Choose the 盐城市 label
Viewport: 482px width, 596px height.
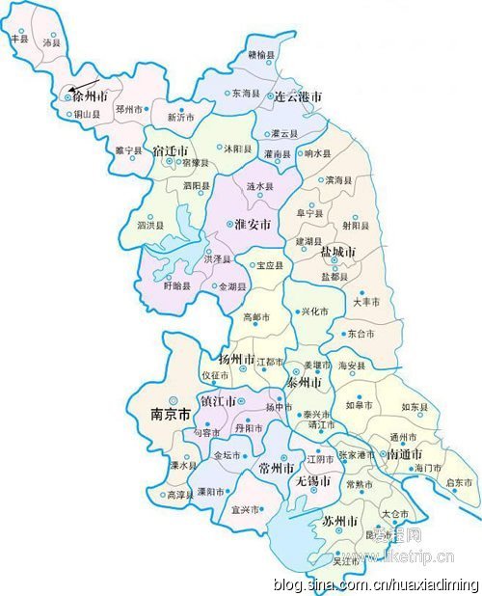click(x=337, y=252)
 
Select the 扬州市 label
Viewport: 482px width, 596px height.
click(x=236, y=359)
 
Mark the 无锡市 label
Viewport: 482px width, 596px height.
click(x=313, y=479)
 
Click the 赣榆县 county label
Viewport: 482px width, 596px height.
click(x=260, y=56)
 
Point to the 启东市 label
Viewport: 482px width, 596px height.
click(x=458, y=482)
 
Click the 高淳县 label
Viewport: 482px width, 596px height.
click(x=180, y=494)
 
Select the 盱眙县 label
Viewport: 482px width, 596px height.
click(x=179, y=286)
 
